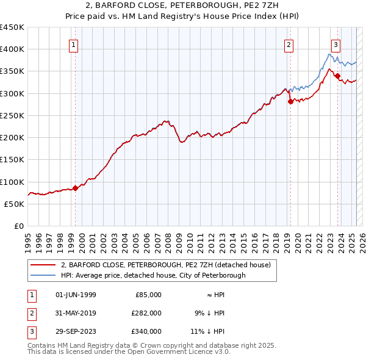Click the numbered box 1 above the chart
73,44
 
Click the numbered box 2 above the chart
288,44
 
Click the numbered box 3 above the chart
335,44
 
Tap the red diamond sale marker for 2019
290,102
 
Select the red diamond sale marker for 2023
337,76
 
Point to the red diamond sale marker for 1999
76,189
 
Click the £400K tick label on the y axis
12,49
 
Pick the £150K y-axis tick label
12,160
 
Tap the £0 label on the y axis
20,226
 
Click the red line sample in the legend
43,265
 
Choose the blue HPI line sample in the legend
43,275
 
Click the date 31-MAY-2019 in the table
76,313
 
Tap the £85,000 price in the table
147,295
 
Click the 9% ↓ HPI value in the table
209,313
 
